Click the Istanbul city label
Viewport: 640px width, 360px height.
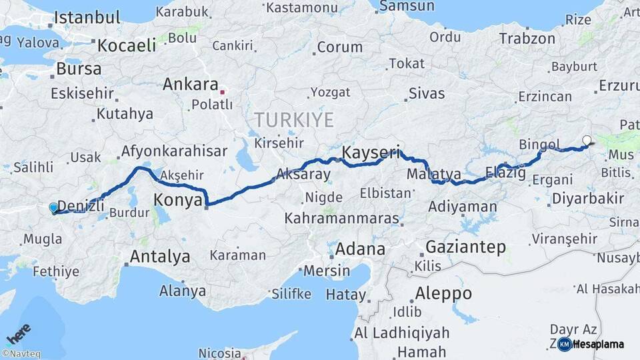(x=87, y=17)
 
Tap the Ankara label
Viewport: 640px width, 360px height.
(x=191, y=85)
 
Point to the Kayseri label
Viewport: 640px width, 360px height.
(x=371, y=153)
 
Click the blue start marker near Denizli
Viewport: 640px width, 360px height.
(x=54, y=208)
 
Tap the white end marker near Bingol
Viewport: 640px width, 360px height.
(x=587, y=141)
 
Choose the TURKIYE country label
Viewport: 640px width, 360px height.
(x=293, y=120)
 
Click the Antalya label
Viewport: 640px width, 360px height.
(x=160, y=256)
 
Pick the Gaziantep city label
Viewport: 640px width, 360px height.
(x=465, y=247)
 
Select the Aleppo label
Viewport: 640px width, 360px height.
(x=443, y=293)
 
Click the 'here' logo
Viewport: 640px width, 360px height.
(x=18, y=333)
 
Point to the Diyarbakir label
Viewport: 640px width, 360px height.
(x=588, y=198)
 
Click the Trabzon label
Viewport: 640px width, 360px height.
(x=527, y=38)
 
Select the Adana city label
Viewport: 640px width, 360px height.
(x=361, y=249)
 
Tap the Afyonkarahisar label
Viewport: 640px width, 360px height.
(x=174, y=151)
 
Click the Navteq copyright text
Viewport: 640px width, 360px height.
(x=21, y=354)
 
